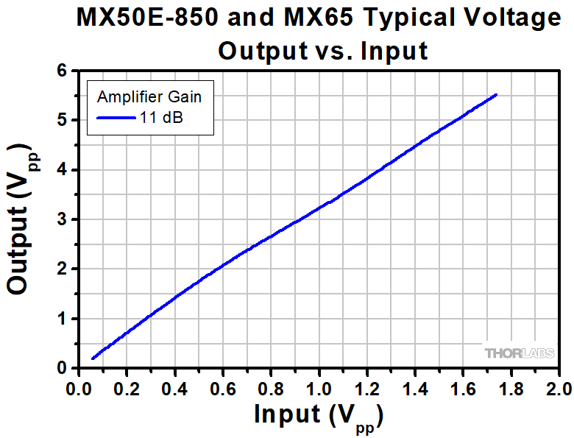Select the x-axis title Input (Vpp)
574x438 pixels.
(x=318, y=415)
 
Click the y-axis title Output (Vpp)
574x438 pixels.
(x=22, y=219)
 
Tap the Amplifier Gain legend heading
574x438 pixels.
(x=149, y=96)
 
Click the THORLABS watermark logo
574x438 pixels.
(x=520, y=353)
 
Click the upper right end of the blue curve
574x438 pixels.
(x=497, y=94)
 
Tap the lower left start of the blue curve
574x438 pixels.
(x=92, y=358)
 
